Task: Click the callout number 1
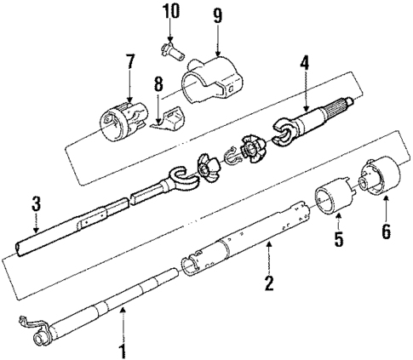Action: (x=122, y=350)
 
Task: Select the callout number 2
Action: (x=269, y=283)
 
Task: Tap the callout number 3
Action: (x=36, y=204)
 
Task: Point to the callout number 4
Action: (x=305, y=63)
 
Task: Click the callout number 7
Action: (x=129, y=62)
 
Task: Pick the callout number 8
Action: (x=157, y=85)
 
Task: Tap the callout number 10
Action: (x=169, y=12)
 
